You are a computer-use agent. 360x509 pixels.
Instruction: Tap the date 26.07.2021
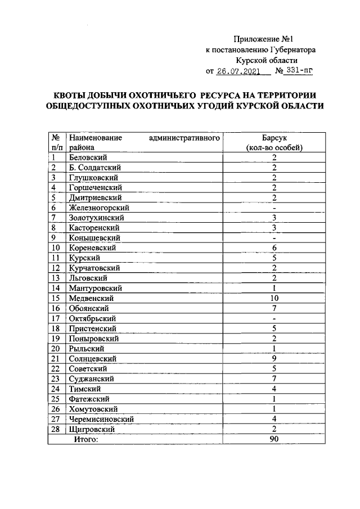pos(240,71)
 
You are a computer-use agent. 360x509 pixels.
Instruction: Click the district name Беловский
pos(88,157)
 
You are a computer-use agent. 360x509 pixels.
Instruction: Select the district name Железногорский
pos(99,208)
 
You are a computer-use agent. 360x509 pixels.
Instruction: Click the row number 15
pos(56,298)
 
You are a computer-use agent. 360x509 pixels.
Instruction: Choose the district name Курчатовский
pos(94,268)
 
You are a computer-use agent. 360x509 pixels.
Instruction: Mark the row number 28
pos(56,429)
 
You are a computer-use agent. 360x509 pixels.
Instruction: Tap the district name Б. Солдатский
pos(95,167)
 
